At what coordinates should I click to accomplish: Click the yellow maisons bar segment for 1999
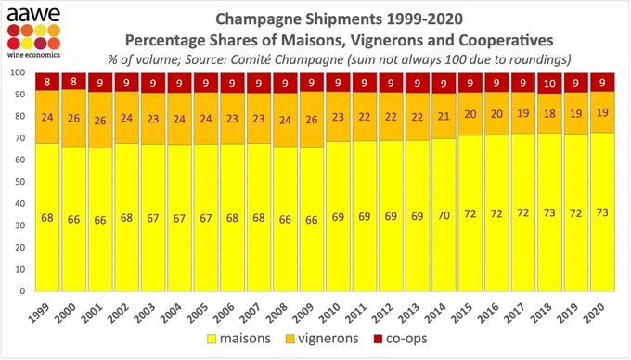tap(47, 217)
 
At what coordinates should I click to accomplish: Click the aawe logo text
tap(34, 11)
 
